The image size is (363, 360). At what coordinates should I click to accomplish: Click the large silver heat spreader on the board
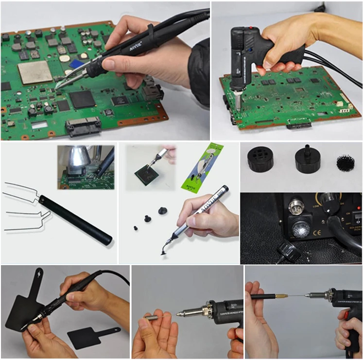[x=35, y=72]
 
